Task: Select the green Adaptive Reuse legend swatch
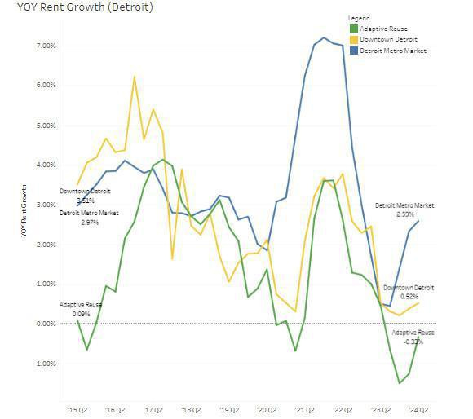click(x=352, y=28)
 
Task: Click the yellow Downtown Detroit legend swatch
click(x=352, y=39)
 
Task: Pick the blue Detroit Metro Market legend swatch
click(x=352, y=51)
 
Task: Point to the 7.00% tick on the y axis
click(x=45, y=46)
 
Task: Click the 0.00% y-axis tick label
click(x=45, y=324)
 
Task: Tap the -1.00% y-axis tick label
click(x=44, y=364)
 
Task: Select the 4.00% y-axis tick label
click(x=45, y=165)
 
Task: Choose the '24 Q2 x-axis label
click(x=419, y=411)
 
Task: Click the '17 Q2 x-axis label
click(x=153, y=411)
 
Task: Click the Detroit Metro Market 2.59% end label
click(x=404, y=209)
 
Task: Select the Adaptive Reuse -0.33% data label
click(x=413, y=337)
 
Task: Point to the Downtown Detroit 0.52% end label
click(x=409, y=292)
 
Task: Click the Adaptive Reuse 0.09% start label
click(x=81, y=309)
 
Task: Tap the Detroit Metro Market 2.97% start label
click(x=89, y=217)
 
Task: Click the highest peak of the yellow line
click(x=134, y=77)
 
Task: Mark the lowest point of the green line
click(x=400, y=382)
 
